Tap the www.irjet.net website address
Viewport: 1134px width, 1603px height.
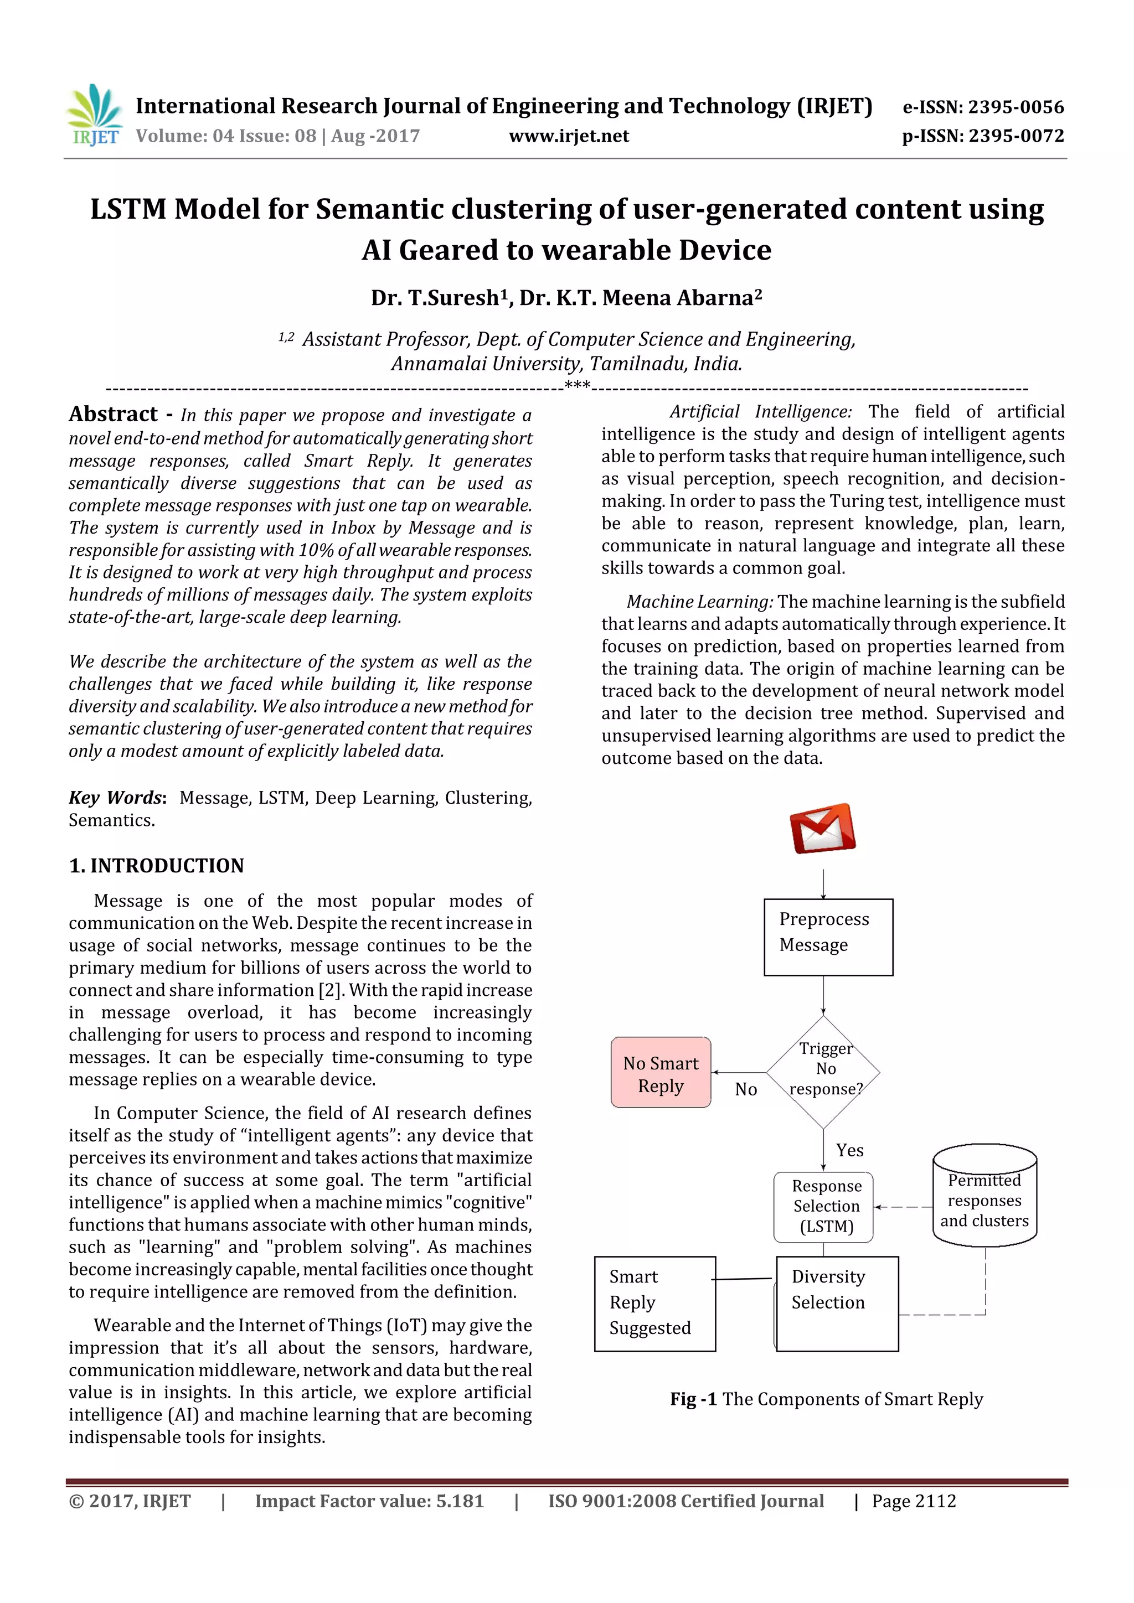click(x=569, y=136)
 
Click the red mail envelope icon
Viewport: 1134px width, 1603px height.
click(x=823, y=829)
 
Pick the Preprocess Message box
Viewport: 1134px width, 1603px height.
click(x=828, y=937)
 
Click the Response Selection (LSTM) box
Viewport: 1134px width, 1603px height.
click(x=824, y=1207)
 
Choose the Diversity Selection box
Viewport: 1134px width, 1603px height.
click(x=837, y=1303)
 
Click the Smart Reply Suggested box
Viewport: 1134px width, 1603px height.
click(x=654, y=1303)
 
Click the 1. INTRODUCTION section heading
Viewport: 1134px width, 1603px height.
click(x=156, y=866)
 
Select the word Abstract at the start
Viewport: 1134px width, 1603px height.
click(x=113, y=414)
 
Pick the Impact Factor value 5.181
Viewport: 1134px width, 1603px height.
click(x=369, y=1501)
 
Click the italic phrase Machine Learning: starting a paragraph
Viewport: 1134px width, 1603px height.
click(x=700, y=602)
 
